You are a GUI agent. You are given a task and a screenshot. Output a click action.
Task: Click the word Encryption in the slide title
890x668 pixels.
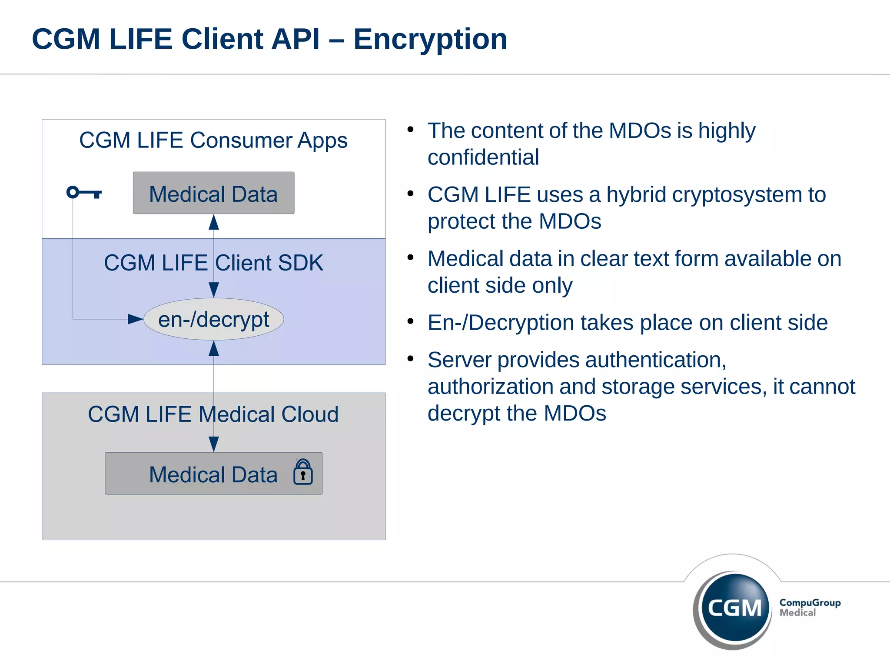[430, 39]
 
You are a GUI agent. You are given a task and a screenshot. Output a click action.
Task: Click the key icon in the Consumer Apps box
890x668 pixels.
[83, 193]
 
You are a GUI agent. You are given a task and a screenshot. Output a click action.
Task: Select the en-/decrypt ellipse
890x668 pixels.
[213, 319]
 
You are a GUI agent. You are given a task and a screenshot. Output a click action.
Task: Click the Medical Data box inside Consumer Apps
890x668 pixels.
[213, 193]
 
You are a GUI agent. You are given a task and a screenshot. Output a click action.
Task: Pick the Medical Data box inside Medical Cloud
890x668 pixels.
[213, 474]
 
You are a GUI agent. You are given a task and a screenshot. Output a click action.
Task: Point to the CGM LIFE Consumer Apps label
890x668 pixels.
[213, 140]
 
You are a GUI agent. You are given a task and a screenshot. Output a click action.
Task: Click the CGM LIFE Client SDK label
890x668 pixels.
[213, 263]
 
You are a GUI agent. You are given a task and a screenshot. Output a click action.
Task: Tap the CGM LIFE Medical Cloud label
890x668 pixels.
[213, 414]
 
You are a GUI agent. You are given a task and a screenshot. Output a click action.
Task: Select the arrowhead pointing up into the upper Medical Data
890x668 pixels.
[213, 223]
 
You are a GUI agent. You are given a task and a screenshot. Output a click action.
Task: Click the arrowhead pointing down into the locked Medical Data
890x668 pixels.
[213, 444]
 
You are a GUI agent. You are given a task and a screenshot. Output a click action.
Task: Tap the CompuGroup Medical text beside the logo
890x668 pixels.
[809, 607]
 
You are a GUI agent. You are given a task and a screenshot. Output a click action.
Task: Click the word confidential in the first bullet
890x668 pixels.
[483, 157]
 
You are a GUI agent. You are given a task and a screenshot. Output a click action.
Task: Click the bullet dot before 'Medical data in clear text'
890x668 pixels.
[410, 257]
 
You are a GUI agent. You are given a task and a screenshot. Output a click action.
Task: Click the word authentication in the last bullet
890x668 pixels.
[655, 360]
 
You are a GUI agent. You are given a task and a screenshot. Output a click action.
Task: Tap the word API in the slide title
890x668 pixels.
[295, 39]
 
